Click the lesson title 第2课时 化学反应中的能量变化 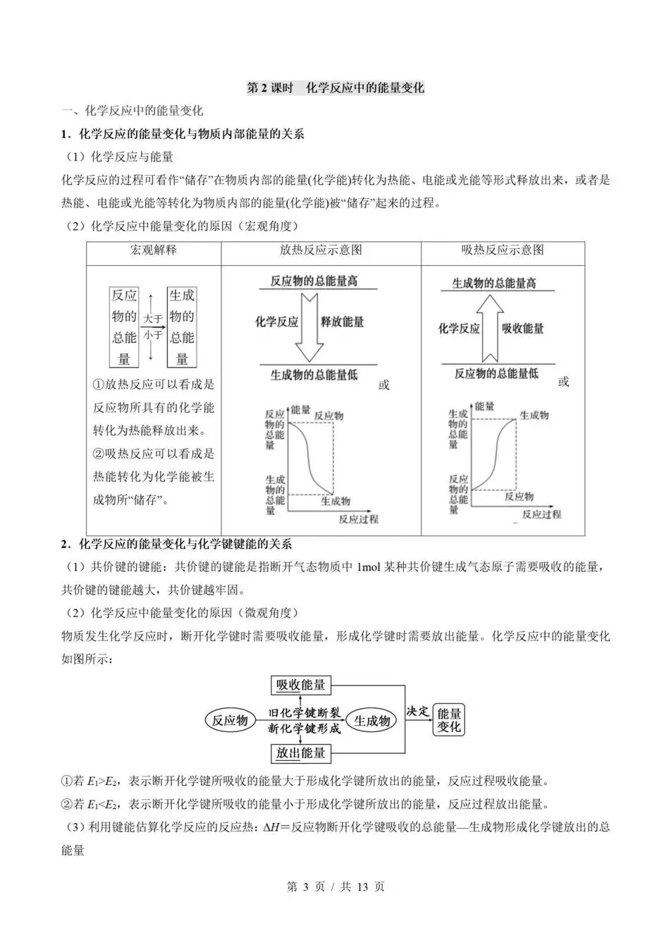point(335,87)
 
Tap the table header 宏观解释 point(153,250)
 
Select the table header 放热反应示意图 point(321,250)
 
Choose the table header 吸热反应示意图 point(503,250)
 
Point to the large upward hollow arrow point(491,328)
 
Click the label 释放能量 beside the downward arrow point(343,322)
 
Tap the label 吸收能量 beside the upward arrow point(523,329)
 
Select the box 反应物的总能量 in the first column point(124,327)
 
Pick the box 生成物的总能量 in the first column point(182,327)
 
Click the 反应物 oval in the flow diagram point(230,720)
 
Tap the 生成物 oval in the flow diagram point(371,720)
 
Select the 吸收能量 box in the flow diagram point(301,685)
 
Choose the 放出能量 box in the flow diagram point(301,753)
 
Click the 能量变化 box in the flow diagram point(449,720)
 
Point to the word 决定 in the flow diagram point(418,711)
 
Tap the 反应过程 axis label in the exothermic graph point(358,519)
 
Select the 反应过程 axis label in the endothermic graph point(541,514)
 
